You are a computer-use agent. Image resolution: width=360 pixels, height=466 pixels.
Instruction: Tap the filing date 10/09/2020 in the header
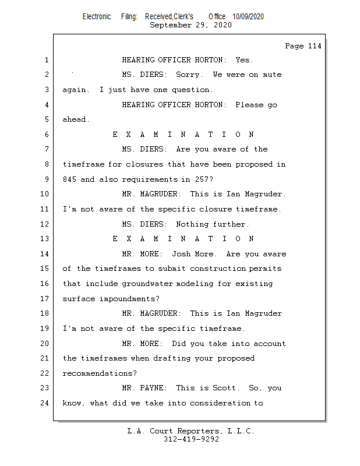(248, 17)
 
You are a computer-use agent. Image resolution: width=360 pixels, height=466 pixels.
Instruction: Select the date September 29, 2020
(190, 25)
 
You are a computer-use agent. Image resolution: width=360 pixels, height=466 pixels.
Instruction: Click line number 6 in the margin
(46, 135)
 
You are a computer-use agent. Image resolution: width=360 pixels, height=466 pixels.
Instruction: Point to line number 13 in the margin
(44, 239)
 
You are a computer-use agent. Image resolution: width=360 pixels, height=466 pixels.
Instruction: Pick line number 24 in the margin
(44, 403)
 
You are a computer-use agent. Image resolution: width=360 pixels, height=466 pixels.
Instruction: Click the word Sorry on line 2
(189, 75)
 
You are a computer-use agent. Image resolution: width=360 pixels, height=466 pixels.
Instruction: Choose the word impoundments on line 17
(123, 299)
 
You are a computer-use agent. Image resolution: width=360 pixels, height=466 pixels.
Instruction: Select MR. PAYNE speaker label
(145, 388)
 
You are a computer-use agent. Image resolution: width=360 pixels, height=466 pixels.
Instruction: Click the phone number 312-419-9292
(190, 439)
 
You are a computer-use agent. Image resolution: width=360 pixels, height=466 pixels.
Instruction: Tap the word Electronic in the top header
(97, 17)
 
